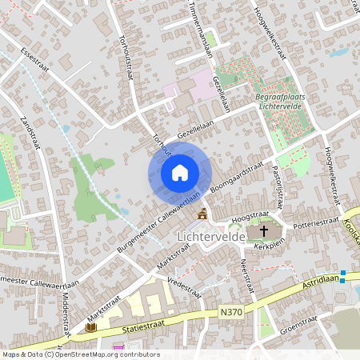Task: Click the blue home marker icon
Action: tap(180, 173)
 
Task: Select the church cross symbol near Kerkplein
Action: tap(264, 231)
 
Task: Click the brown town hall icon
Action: tap(202, 214)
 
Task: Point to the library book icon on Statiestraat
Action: tap(90, 327)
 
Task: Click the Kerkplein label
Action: tap(269, 247)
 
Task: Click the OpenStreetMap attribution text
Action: tap(80, 354)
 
